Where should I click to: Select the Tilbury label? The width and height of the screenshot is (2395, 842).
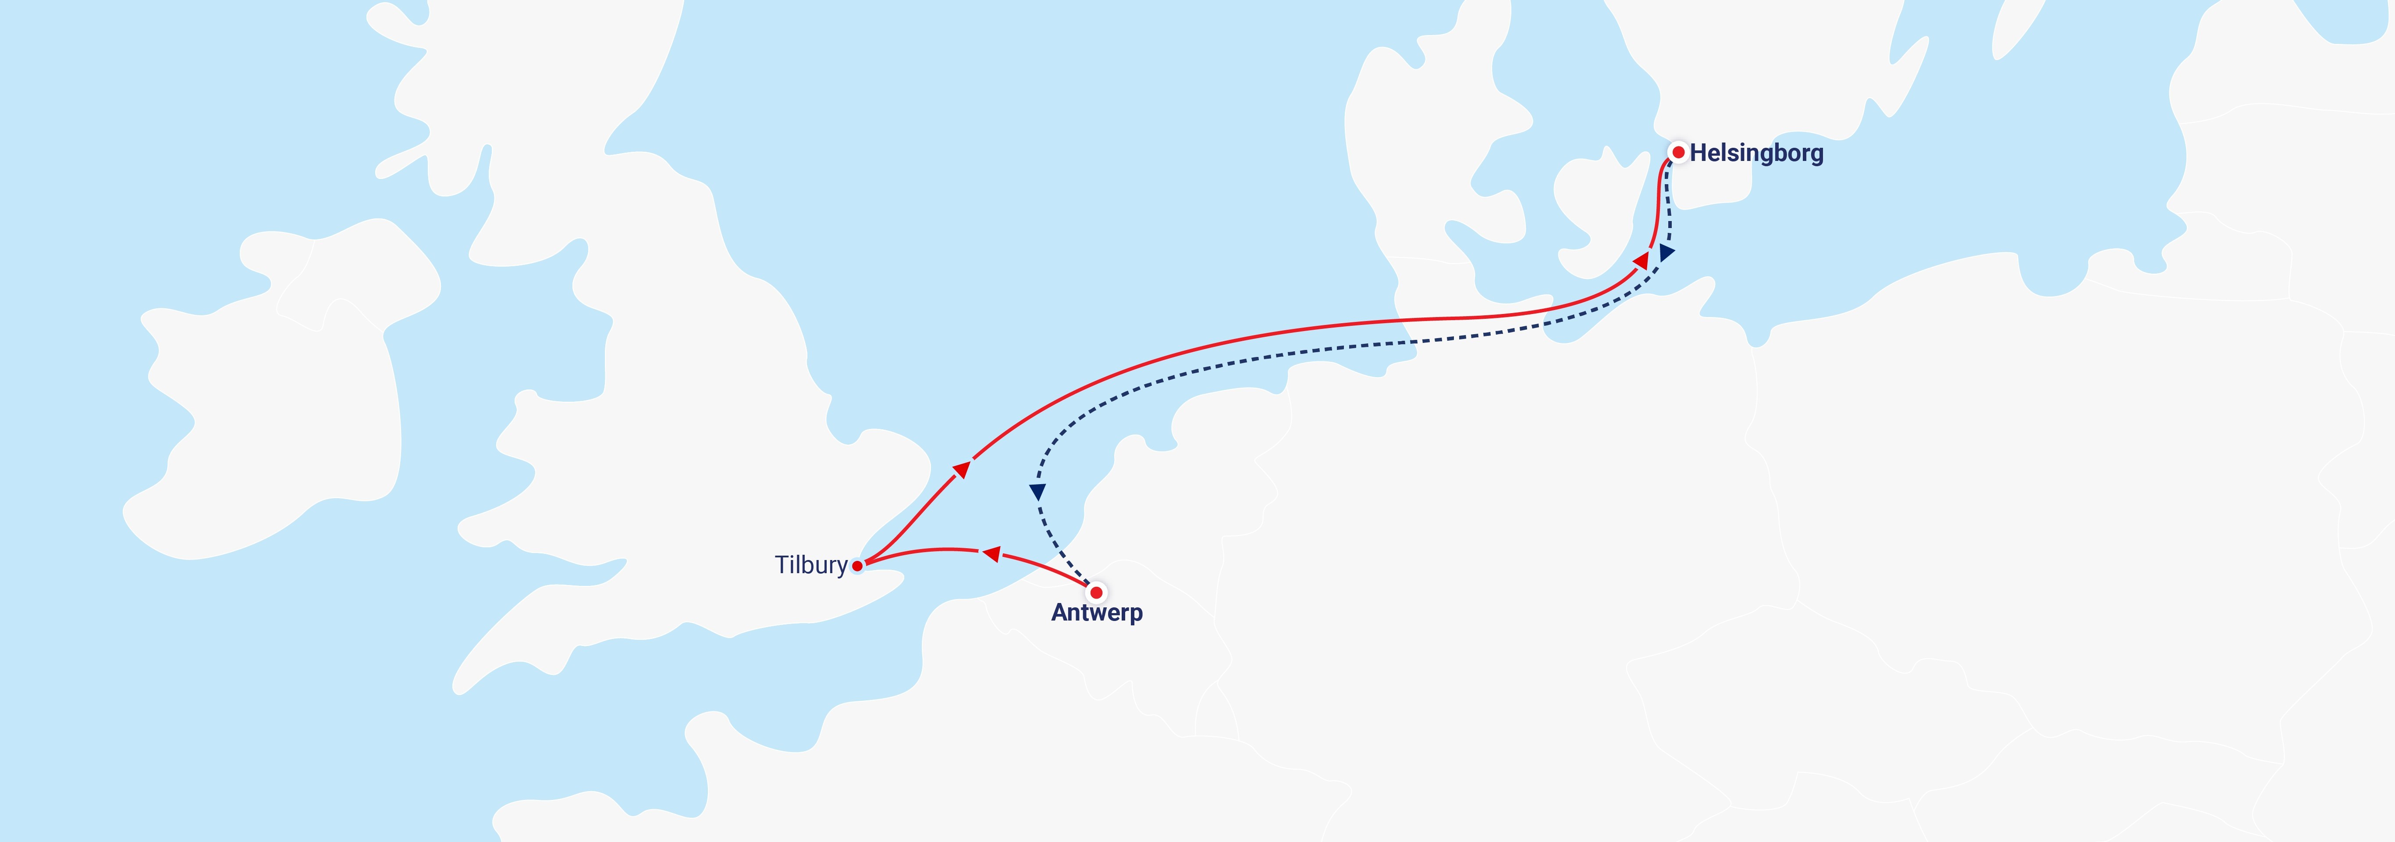pyautogui.click(x=811, y=565)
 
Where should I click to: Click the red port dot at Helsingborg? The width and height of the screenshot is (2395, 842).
pyautogui.click(x=1678, y=152)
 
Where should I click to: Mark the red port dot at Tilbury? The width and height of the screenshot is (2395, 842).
pyautogui.click(x=856, y=565)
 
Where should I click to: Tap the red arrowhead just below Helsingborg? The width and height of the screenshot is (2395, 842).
pyautogui.click(x=1642, y=260)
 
